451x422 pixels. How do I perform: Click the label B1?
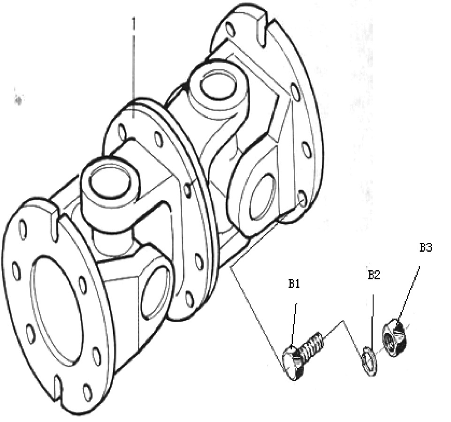(294, 284)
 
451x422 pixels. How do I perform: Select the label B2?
(374, 275)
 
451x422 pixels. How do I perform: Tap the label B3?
(426, 248)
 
